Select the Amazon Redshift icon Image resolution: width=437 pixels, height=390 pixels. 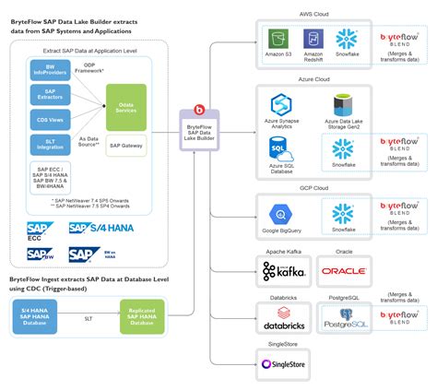pyautogui.click(x=313, y=40)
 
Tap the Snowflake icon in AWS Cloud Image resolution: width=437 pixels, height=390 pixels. pyautogui.click(x=347, y=40)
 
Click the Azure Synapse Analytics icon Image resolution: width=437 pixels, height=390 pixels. pyautogui.click(x=280, y=104)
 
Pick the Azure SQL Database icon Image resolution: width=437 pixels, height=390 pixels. pyautogui.click(x=280, y=148)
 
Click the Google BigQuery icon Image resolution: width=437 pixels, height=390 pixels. pyautogui.click(x=280, y=210)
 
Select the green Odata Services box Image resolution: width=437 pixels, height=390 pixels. pyautogui.click(x=126, y=108)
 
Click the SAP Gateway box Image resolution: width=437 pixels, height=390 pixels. pyautogui.click(x=126, y=147)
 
